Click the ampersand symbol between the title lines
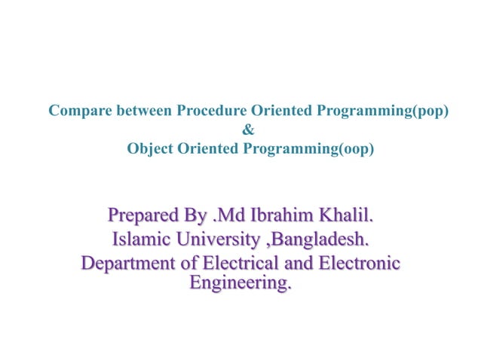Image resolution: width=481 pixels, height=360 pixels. tap(250, 130)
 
